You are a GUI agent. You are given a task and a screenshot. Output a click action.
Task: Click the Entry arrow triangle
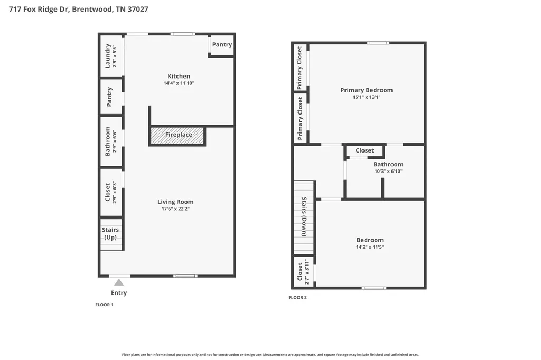click(x=119, y=282)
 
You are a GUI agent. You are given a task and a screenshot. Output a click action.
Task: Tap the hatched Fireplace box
click(x=178, y=136)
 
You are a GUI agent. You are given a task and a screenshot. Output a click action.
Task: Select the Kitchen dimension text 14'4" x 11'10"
click(x=179, y=83)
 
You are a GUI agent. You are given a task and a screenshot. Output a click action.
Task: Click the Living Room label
click(x=175, y=202)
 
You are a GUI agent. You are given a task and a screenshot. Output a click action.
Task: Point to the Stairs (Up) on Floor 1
click(x=111, y=234)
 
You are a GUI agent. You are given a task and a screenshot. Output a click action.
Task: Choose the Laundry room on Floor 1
click(x=111, y=56)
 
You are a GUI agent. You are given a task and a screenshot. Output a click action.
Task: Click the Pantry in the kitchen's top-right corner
click(x=222, y=45)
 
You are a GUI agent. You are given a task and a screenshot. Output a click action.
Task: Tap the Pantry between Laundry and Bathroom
click(x=111, y=97)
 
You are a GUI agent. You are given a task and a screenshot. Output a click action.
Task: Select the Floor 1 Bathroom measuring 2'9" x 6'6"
click(x=111, y=141)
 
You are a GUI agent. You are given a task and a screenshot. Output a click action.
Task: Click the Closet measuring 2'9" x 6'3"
click(x=111, y=193)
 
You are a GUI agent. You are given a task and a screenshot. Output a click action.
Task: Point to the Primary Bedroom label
click(x=367, y=90)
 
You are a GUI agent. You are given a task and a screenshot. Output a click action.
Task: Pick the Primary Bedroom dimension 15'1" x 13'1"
click(x=367, y=97)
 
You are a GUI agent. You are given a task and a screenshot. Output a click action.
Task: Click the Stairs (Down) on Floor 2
click(x=304, y=217)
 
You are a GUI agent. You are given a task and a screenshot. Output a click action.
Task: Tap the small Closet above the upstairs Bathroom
click(x=365, y=150)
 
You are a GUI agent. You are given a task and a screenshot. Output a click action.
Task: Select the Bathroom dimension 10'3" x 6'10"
click(x=388, y=172)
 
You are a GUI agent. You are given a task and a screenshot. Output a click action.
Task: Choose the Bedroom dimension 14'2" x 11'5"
click(x=370, y=247)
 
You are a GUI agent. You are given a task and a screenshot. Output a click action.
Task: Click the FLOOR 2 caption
click(x=298, y=298)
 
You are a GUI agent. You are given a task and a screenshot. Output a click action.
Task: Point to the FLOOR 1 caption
click(x=104, y=305)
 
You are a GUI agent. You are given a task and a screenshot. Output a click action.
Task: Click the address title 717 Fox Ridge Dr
click(x=38, y=10)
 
